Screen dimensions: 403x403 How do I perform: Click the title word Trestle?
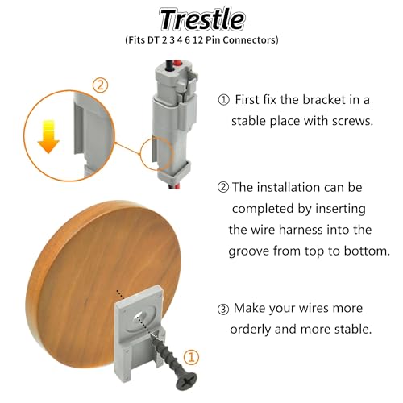click(x=202, y=19)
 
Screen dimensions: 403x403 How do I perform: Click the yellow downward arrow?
click(x=48, y=137)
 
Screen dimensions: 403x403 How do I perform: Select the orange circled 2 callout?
click(x=100, y=85)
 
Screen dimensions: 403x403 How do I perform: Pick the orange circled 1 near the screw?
click(x=191, y=357)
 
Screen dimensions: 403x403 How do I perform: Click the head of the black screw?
click(x=187, y=380)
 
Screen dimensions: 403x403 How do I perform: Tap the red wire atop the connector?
click(x=177, y=64)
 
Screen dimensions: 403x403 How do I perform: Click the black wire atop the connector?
click(x=169, y=65)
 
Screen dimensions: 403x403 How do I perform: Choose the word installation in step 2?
click(x=289, y=187)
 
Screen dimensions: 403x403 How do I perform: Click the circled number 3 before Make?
click(x=223, y=310)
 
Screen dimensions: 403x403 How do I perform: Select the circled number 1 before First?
click(x=223, y=100)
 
